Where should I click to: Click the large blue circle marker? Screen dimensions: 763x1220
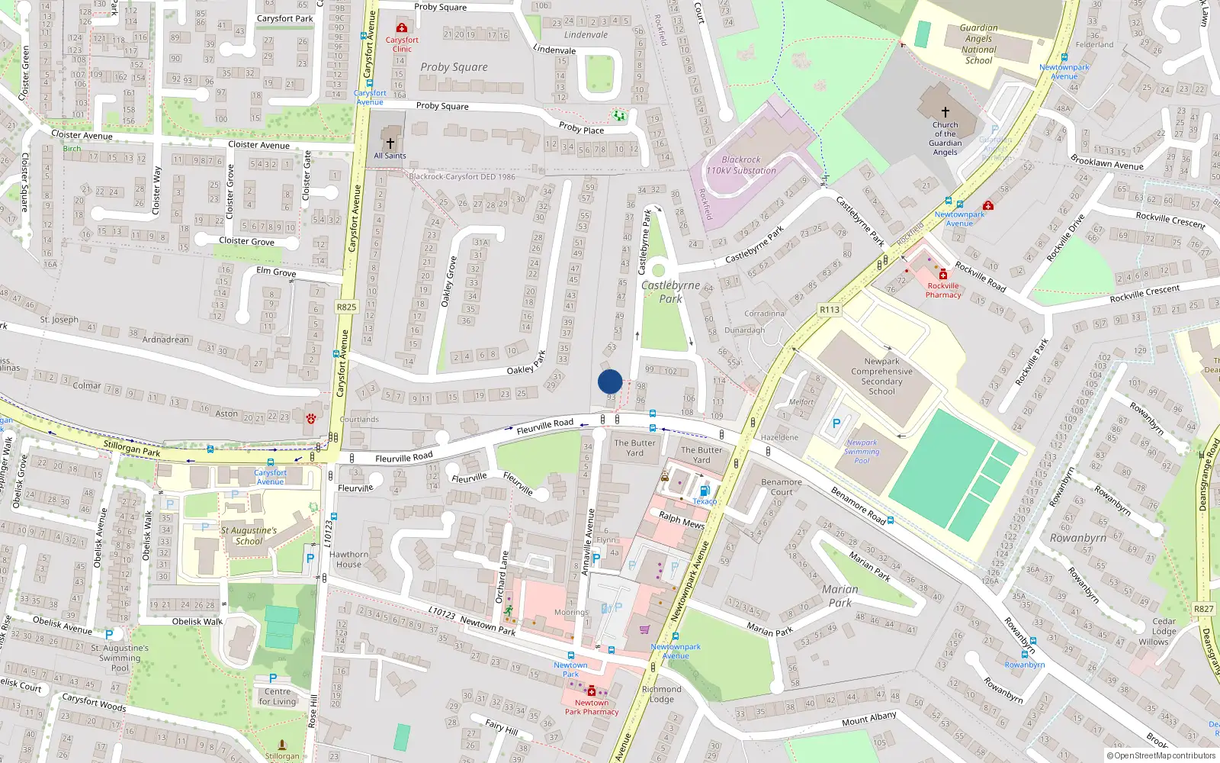610,381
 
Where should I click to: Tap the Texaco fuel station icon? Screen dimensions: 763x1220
705,491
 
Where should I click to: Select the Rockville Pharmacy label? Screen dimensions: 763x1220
943,290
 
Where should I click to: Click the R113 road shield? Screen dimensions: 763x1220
830,309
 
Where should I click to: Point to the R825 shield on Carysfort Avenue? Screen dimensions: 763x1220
346,307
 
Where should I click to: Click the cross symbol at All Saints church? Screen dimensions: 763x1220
390,143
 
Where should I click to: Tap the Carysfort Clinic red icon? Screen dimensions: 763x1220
402,27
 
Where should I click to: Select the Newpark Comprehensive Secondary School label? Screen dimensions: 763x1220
881,376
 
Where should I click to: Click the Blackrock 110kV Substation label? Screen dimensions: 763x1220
740,166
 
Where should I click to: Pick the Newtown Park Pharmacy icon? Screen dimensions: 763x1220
591,691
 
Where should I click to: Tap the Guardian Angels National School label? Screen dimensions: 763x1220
978,44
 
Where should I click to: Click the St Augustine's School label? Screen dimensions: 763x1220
249,536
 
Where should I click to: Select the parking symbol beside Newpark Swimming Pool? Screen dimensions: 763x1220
836,423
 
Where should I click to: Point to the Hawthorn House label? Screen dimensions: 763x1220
348,560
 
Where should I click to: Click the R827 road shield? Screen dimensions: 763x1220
1203,609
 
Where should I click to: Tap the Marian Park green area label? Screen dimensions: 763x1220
840,596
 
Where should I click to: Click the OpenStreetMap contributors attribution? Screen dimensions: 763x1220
1161,755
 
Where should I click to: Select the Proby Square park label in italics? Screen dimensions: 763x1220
454,67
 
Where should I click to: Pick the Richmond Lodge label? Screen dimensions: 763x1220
661,694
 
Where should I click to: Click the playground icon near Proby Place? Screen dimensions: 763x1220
619,116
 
